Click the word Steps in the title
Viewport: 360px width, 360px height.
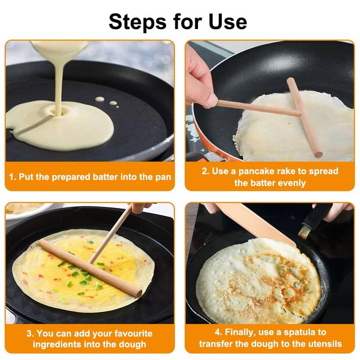(138, 22)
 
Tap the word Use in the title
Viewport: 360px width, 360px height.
(228, 22)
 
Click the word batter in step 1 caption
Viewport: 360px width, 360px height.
(105, 177)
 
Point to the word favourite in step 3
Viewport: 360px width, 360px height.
(133, 333)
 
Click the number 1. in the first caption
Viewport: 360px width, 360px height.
(13, 177)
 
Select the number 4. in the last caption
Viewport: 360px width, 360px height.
(219, 332)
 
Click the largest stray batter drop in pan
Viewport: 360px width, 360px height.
(99, 99)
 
